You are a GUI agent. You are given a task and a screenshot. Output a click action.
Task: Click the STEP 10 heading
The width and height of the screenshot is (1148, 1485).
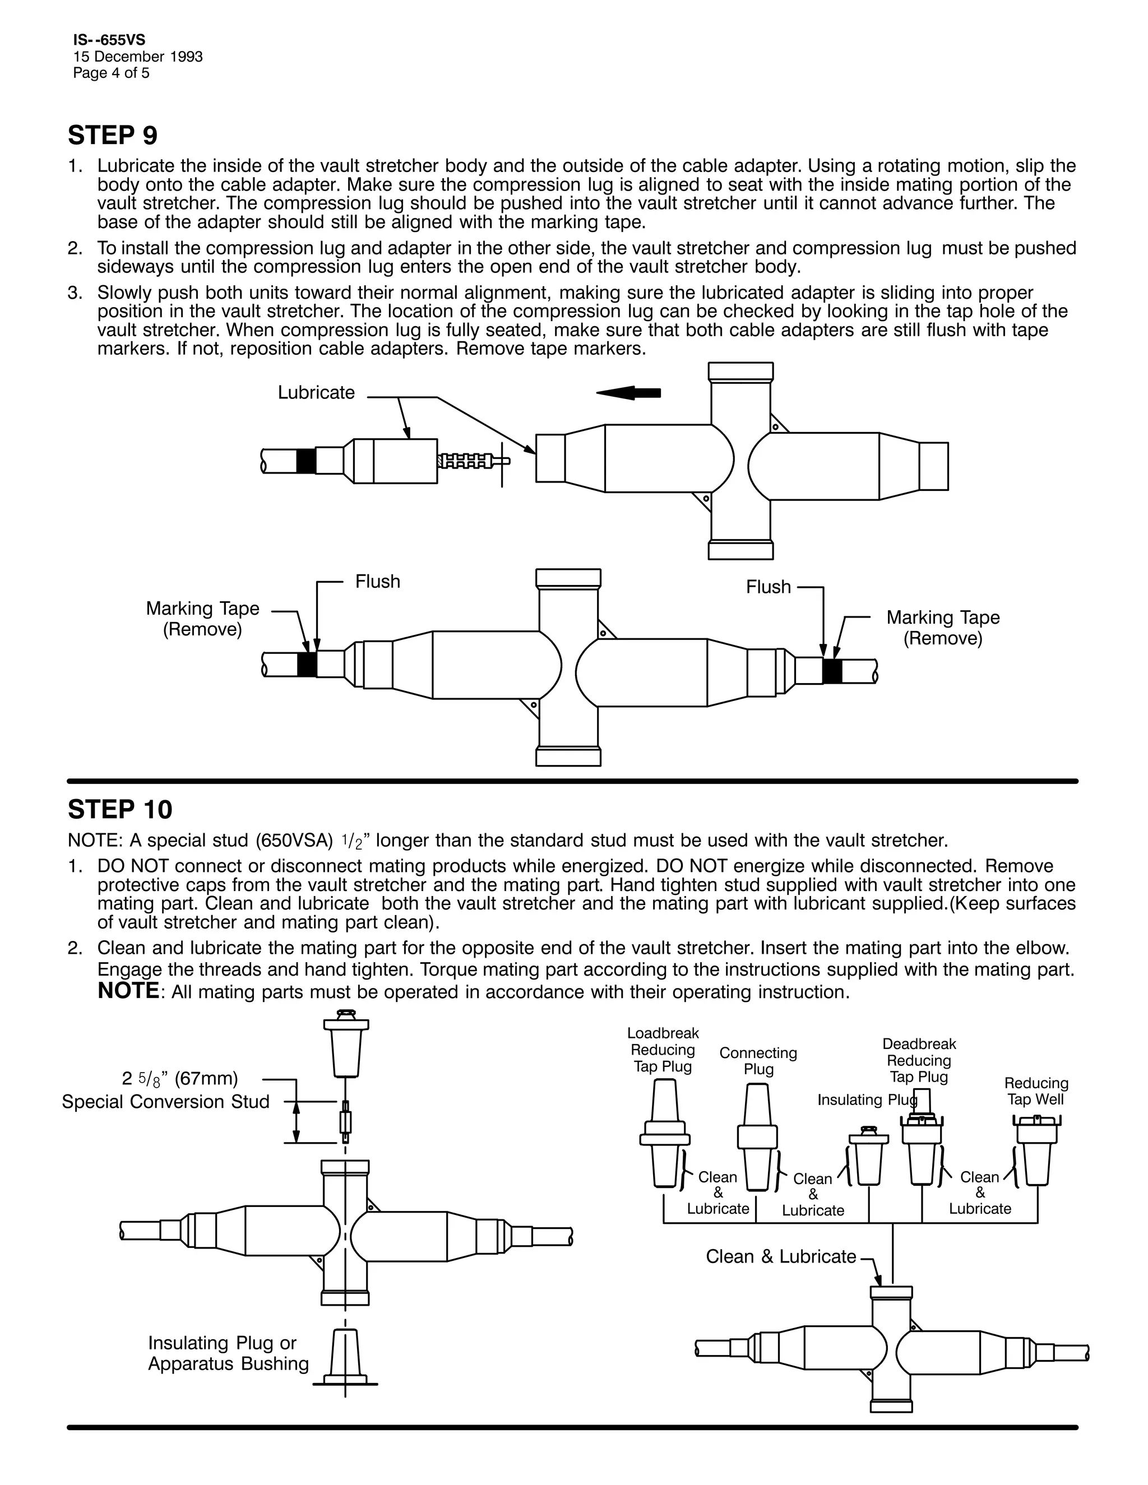(x=121, y=809)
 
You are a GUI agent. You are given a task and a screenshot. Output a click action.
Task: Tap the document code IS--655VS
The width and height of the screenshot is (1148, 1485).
(x=109, y=41)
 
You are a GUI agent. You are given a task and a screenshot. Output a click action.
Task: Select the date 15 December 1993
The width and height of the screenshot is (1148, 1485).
(x=138, y=57)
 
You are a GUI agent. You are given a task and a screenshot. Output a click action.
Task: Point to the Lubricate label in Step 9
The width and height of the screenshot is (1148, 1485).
(x=316, y=392)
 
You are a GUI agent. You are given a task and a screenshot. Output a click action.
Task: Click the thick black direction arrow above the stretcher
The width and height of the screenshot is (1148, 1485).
(x=628, y=392)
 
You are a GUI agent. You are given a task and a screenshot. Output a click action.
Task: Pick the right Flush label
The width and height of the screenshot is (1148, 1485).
(x=769, y=587)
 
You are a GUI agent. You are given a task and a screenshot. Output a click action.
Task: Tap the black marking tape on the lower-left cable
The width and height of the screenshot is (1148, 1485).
(x=307, y=663)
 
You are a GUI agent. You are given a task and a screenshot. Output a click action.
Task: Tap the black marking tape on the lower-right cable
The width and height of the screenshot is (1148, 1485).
(x=832, y=671)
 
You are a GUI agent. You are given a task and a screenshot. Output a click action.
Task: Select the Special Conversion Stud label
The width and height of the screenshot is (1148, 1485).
(x=166, y=1102)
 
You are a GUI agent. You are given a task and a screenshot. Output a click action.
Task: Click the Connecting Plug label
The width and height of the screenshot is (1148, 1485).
(x=758, y=1061)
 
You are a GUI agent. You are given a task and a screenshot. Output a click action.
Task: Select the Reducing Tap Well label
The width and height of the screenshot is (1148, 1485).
(x=1036, y=1091)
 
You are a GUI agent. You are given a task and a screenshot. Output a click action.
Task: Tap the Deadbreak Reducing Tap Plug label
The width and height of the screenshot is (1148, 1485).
(x=919, y=1061)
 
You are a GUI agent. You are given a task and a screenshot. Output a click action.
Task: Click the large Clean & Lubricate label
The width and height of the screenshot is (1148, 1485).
(x=781, y=1256)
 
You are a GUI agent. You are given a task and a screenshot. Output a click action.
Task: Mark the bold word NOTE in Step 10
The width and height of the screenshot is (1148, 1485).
(x=128, y=991)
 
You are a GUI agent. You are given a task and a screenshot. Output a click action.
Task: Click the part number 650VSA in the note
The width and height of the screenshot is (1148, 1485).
(x=294, y=841)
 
